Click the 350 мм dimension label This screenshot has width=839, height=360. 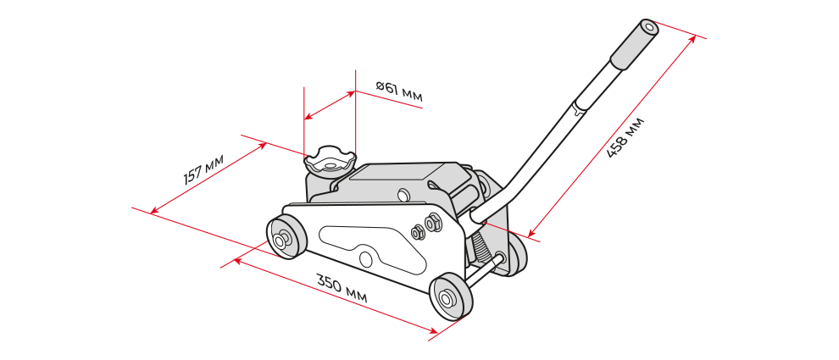click(x=342, y=289)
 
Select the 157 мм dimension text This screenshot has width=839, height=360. click(x=203, y=169)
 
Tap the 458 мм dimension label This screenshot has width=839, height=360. click(x=625, y=137)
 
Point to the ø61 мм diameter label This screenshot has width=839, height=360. click(x=399, y=91)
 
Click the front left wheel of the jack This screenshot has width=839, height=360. click(x=286, y=237)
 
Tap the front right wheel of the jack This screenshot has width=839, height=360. click(x=451, y=296)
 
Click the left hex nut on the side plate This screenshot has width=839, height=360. click(x=417, y=231)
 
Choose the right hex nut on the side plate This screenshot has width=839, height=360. click(x=432, y=223)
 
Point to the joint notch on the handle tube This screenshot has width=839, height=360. click(x=578, y=111)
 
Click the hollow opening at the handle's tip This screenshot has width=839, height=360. click(x=649, y=26)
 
